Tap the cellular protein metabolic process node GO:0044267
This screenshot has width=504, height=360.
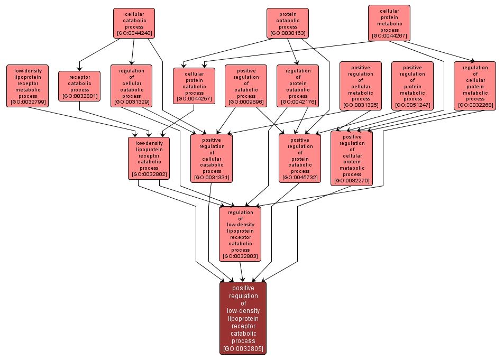[x=389, y=23]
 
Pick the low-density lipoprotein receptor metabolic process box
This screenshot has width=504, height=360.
[x=28, y=86]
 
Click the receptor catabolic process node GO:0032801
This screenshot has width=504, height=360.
[x=79, y=86]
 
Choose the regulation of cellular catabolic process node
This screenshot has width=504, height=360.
[x=131, y=86]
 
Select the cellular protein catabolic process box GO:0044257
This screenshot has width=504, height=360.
[x=194, y=86]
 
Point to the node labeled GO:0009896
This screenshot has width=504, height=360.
[x=246, y=86]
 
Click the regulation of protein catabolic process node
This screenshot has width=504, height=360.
[x=298, y=86]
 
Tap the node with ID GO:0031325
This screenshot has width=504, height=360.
[x=360, y=86]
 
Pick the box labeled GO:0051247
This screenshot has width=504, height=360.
[x=413, y=86]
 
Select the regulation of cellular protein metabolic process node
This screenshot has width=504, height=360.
[x=475, y=86]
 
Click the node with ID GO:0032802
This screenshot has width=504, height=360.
[x=149, y=158]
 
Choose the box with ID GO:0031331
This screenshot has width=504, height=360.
[x=212, y=158]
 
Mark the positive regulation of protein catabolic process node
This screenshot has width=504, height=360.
[x=300, y=158]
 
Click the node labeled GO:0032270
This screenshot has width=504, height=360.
[x=352, y=158]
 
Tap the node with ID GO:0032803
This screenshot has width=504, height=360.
[x=241, y=234]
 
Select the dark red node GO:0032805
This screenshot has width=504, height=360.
[x=243, y=318]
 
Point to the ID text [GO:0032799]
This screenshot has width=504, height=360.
[x=28, y=102]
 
